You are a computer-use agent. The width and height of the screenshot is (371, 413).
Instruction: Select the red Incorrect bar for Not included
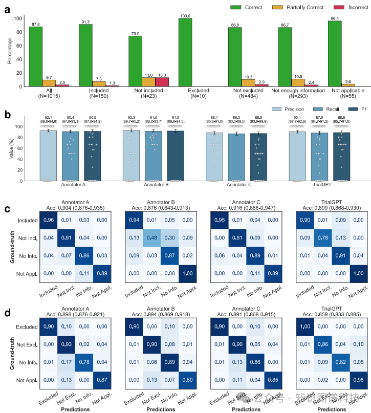(x=161, y=82)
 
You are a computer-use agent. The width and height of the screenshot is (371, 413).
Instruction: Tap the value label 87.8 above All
(x=35, y=24)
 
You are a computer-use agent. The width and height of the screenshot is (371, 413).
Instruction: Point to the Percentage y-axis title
(x=10, y=51)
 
